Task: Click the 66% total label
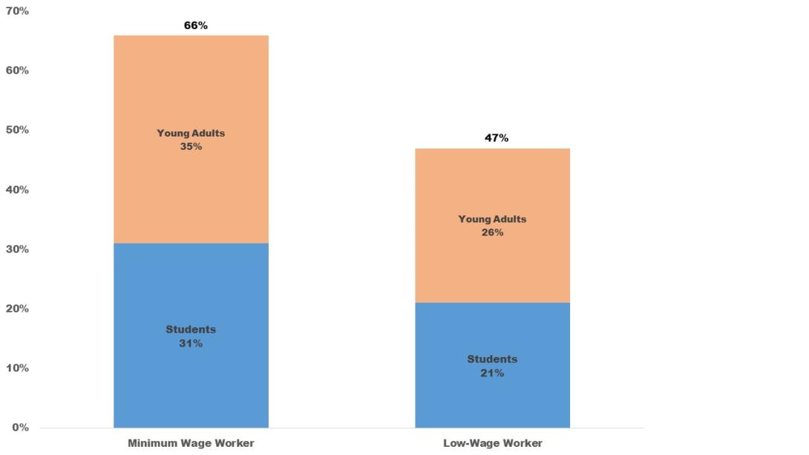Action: tap(196, 25)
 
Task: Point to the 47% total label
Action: tap(497, 138)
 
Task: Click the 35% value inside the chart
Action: tap(191, 146)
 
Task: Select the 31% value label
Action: tap(191, 344)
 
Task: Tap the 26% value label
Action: tap(492, 232)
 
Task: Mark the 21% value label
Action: tap(492, 373)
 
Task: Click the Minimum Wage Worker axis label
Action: tap(191, 443)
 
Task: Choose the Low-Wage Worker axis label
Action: tap(493, 443)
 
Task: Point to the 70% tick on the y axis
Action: tap(16, 11)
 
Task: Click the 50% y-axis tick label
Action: tap(16, 130)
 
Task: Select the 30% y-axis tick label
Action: tap(16, 249)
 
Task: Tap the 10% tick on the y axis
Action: tap(16, 368)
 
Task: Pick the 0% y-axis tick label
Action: tap(19, 428)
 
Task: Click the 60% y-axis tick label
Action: tap(16, 71)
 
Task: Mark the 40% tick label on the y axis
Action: tap(16, 190)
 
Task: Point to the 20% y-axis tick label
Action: tap(16, 309)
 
